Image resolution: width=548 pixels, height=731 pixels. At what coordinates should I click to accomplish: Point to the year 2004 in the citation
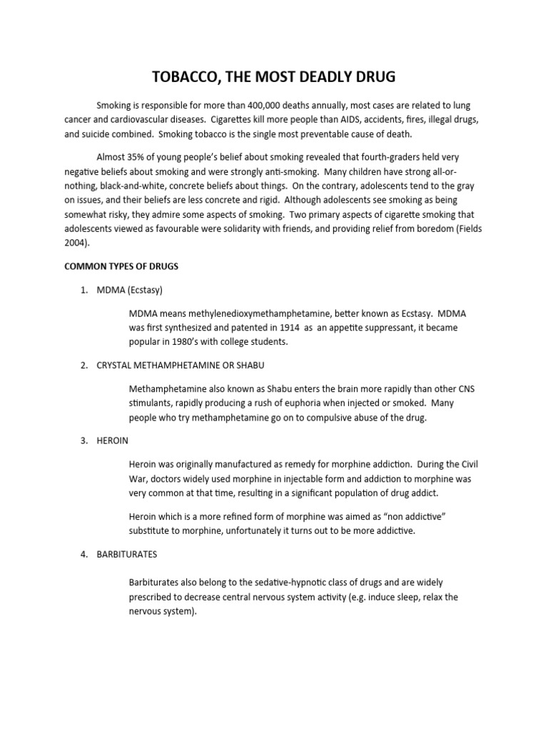pos(76,243)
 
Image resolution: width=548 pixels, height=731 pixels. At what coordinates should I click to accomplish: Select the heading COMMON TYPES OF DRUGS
pos(121,266)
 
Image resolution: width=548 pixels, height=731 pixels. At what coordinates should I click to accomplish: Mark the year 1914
pos(281,328)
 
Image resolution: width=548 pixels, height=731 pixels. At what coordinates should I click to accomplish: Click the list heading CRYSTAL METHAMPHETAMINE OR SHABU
pos(181,365)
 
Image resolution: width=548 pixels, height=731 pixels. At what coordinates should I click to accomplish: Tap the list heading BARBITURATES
pos(127,554)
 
